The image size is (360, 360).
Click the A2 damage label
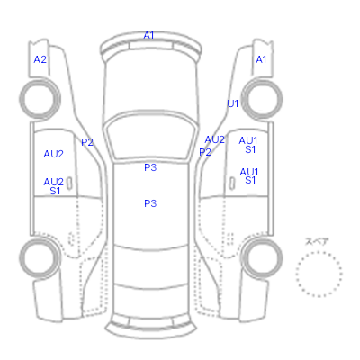[40, 59]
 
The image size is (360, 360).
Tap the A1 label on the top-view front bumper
[148, 35]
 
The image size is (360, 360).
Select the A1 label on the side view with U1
[261, 59]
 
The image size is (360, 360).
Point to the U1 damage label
[233, 103]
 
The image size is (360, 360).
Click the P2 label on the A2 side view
[87, 142]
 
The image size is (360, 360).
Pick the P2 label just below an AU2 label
[205, 152]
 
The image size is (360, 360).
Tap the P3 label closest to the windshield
[150, 167]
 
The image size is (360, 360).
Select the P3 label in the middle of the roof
[150, 203]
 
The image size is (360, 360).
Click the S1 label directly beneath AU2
[55, 191]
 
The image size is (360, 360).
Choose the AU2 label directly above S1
[54, 182]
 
